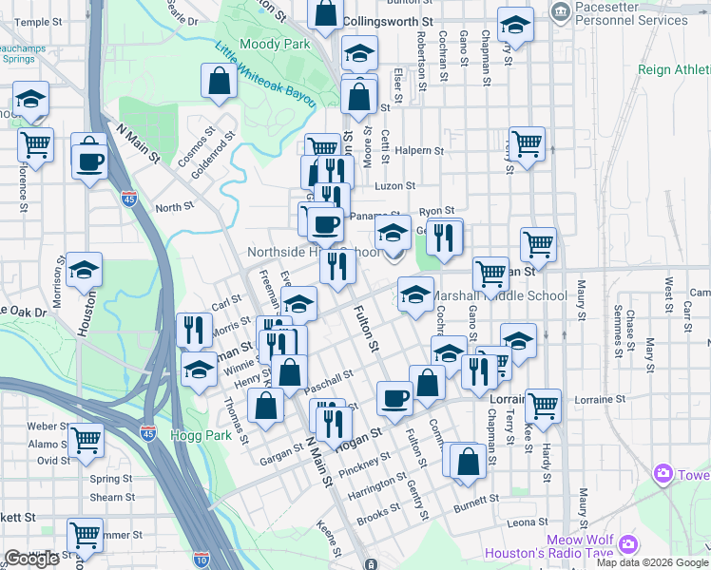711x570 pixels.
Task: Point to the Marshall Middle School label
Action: pyautogui.click(x=500, y=295)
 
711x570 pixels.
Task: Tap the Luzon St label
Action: pyautogui.click(x=396, y=186)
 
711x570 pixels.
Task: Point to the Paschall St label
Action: pyautogui.click(x=328, y=383)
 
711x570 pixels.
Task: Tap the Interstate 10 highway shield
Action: pyautogui.click(x=200, y=560)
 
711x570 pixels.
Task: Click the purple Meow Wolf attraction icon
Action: pyautogui.click(x=627, y=544)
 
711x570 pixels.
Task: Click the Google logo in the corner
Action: pyautogui.click(x=31, y=559)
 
